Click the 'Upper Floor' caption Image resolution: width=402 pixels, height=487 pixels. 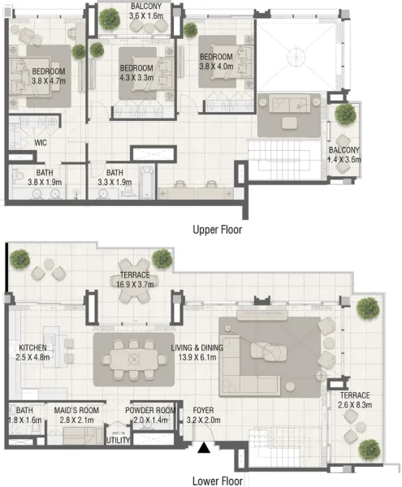point(217,230)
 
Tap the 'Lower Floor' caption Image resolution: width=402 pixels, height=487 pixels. point(216,479)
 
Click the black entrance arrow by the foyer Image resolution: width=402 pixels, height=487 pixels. point(202,446)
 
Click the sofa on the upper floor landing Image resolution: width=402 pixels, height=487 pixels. point(291,107)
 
